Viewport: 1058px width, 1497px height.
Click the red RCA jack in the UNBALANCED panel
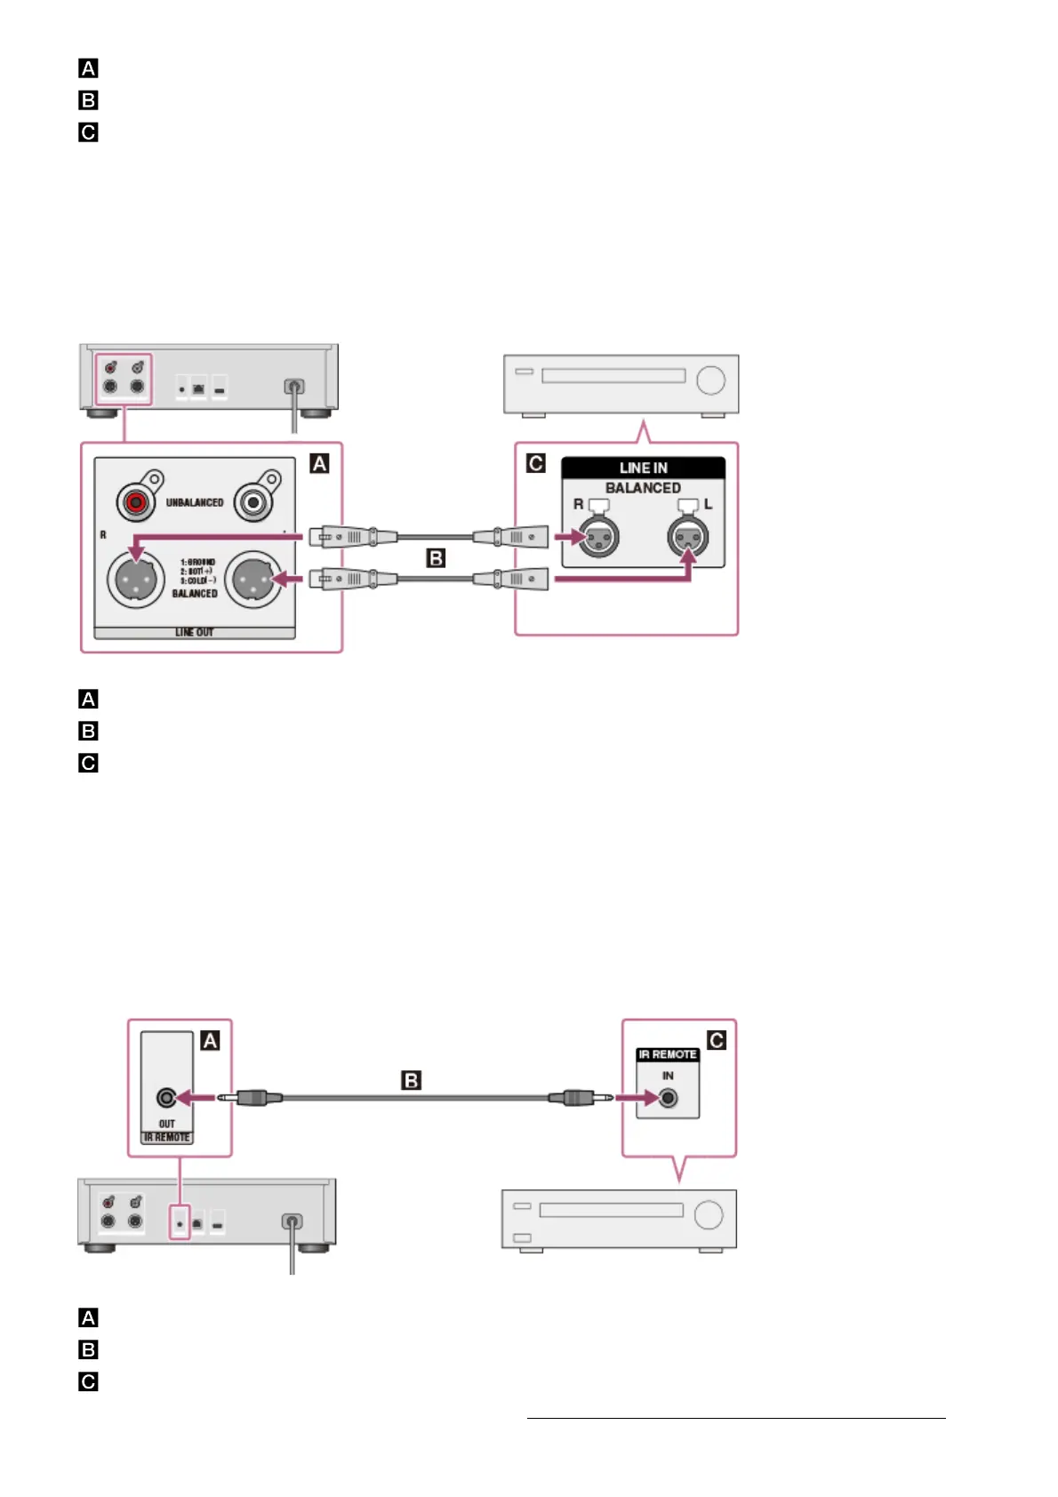[136, 503]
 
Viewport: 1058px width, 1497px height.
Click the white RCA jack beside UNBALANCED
[253, 503]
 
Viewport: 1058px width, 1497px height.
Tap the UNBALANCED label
[195, 502]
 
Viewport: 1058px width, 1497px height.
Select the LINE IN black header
[643, 468]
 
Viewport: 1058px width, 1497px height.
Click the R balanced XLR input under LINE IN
[598, 537]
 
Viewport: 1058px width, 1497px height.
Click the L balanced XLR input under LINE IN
[688, 537]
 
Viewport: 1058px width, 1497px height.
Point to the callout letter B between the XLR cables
[436, 558]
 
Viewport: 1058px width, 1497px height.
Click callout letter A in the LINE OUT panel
[319, 463]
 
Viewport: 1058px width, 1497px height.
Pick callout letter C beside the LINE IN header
[535, 463]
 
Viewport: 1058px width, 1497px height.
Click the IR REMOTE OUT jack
[166, 1098]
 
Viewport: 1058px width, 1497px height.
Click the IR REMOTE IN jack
[668, 1098]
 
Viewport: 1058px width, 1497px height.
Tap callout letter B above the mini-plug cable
[411, 1080]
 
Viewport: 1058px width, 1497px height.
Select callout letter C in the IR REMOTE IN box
[716, 1040]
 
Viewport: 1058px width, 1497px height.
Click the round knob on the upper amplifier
[710, 380]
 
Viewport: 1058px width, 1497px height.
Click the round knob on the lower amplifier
[709, 1214]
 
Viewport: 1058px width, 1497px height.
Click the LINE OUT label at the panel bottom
[194, 632]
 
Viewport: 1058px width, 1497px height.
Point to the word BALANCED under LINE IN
[643, 488]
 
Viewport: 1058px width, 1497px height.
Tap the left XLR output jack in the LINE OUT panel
[136, 580]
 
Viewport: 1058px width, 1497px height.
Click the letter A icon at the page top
[88, 68]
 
